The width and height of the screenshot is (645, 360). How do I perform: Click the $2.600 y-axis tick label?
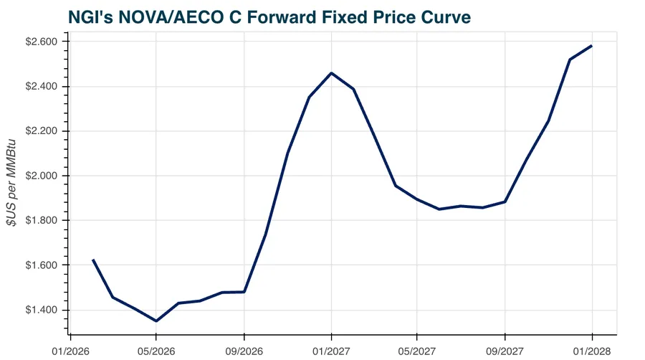(44, 42)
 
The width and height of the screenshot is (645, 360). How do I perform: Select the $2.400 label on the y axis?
(44, 87)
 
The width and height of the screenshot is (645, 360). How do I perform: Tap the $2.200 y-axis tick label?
(44, 131)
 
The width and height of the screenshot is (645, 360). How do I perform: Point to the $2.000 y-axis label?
(44, 176)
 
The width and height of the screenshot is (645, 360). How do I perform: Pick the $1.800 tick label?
(44, 221)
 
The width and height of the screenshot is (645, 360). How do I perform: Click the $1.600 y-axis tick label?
(44, 265)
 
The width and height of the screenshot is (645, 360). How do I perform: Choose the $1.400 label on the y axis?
(44, 310)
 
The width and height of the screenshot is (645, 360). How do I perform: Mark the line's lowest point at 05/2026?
(156, 321)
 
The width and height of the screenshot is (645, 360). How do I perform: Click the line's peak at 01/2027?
(331, 73)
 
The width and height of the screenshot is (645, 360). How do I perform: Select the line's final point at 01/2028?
(592, 46)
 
